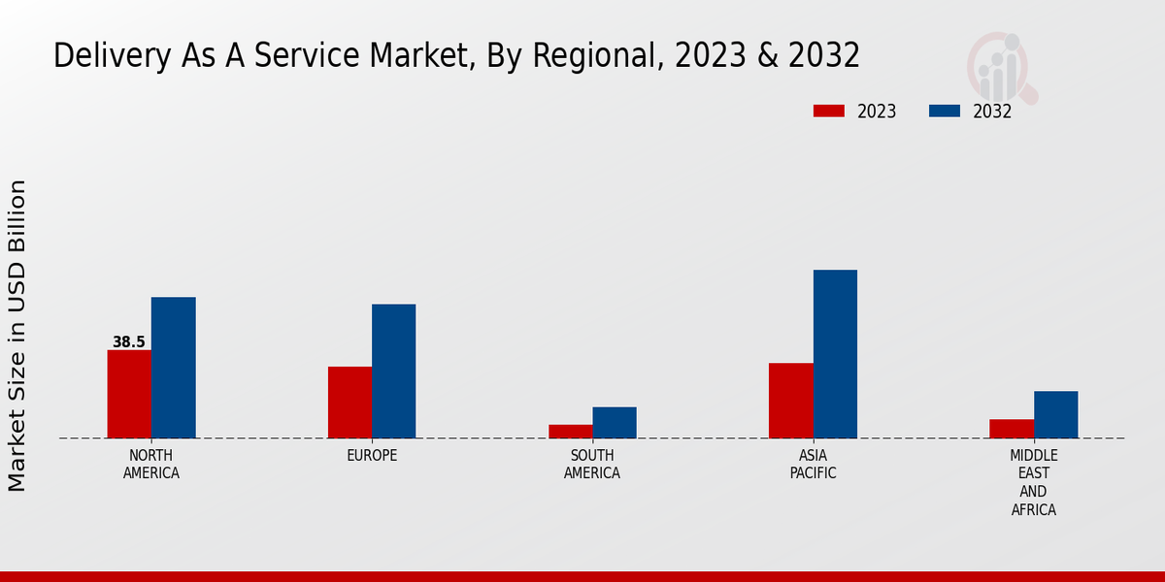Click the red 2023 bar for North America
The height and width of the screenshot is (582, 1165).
coord(129,394)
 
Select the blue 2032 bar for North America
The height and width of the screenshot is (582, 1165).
coord(174,368)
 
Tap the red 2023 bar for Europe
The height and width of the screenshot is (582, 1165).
coord(349,403)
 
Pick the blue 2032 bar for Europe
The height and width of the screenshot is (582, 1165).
coord(394,372)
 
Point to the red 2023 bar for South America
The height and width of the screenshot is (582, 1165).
coord(571,432)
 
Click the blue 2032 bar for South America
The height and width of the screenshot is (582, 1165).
coord(615,423)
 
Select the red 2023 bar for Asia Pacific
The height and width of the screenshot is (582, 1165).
coord(791,401)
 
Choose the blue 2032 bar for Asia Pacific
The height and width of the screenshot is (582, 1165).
coord(835,354)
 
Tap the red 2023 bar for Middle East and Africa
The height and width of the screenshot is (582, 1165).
coord(1012,429)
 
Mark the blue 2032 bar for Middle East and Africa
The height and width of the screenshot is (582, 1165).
coord(1056,414)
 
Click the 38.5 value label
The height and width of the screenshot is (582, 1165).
coord(129,342)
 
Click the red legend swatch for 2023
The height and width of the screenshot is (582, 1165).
coord(829,111)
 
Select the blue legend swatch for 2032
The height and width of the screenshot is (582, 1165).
coord(945,111)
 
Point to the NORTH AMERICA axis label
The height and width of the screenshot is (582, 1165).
coord(151,465)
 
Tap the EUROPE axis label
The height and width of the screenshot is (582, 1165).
coord(372,456)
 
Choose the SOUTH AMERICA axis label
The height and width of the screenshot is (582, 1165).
coord(592,465)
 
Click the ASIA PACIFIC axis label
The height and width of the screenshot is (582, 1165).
coord(814,465)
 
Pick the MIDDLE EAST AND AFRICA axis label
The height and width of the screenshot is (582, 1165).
coord(1034,483)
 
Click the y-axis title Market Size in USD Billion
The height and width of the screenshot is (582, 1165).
coord(17,335)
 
